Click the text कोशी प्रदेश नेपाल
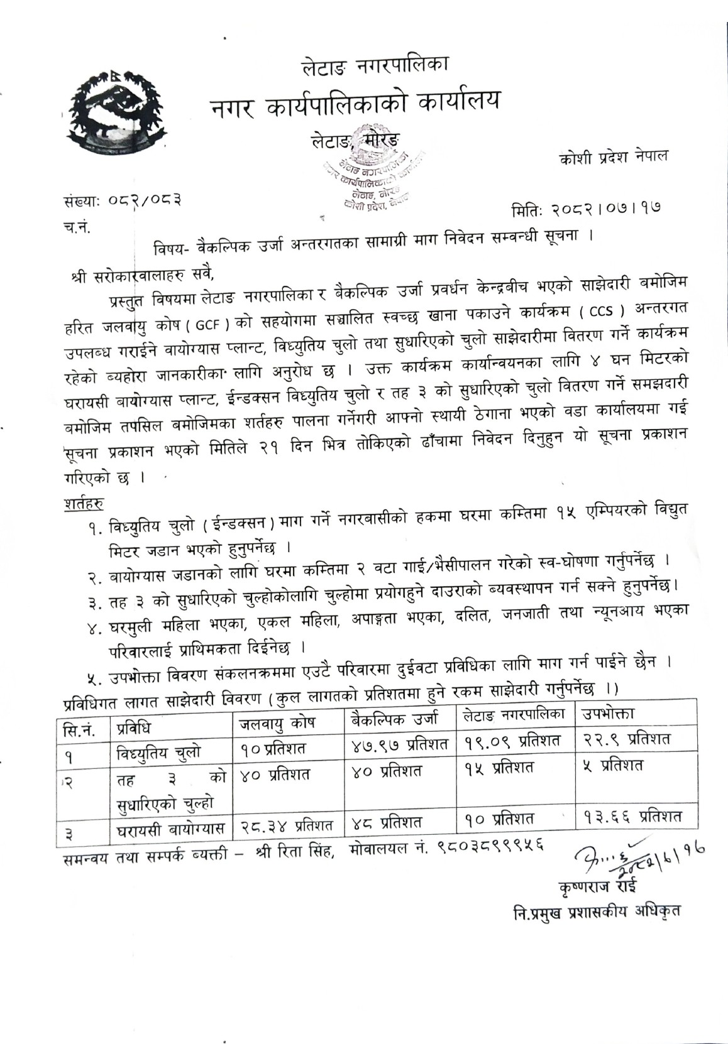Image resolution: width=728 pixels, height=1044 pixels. (x=614, y=156)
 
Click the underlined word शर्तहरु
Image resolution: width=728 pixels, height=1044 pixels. (x=84, y=503)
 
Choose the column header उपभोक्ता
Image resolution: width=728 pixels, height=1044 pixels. (x=607, y=714)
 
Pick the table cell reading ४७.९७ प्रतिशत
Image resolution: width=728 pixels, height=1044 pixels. (x=399, y=745)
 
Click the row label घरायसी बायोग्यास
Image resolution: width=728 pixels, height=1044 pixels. (x=170, y=829)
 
